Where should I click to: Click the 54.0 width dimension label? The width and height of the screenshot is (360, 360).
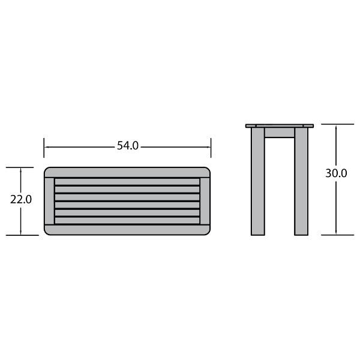click(128, 146)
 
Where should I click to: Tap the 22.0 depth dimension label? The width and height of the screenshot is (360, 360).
click(21, 199)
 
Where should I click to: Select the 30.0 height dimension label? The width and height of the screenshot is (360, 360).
click(336, 173)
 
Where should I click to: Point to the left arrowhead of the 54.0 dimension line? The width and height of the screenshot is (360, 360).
click(46, 147)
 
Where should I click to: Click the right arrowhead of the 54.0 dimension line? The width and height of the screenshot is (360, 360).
click(208, 147)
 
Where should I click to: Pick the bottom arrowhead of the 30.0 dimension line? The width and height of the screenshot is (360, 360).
click(336, 232)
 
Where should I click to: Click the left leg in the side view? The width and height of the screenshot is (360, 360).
click(258, 181)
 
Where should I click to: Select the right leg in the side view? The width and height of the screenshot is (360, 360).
click(301, 181)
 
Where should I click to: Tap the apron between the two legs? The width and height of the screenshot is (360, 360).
click(280, 133)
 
